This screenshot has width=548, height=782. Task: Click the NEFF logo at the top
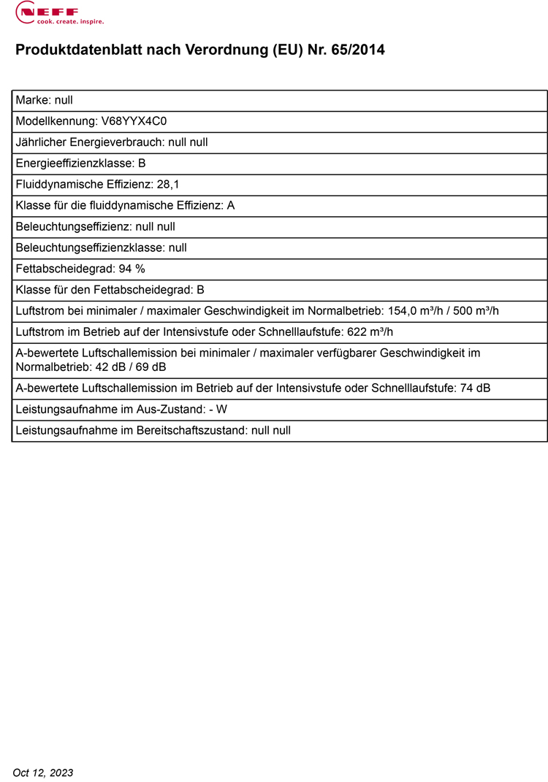(x=50, y=11)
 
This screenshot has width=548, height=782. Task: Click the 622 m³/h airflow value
(x=368, y=332)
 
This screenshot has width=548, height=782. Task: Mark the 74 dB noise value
(x=475, y=388)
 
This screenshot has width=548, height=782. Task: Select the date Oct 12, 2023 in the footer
(x=43, y=773)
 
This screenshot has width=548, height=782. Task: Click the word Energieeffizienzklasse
(x=75, y=164)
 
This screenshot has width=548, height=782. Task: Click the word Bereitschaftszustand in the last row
(x=192, y=431)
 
